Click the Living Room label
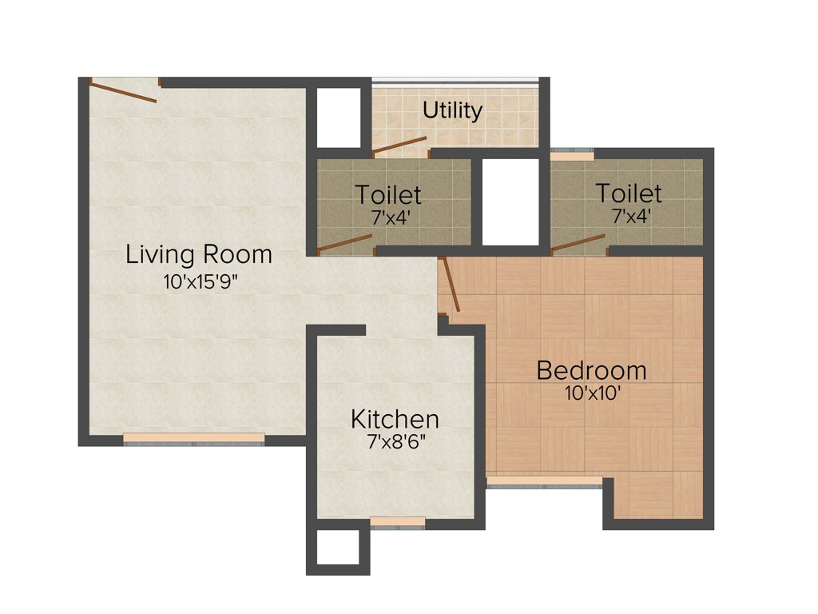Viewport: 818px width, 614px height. point(199,255)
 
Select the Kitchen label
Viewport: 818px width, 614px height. point(395,419)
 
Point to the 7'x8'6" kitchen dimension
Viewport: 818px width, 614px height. point(395,443)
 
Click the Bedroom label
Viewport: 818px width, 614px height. point(591,371)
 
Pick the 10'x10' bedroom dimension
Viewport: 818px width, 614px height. point(591,393)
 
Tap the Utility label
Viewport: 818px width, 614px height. point(453,110)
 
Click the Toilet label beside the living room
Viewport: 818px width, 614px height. point(388,194)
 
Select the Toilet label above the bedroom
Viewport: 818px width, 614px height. point(629,193)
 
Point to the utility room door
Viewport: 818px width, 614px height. point(399,146)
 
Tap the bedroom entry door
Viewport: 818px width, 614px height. point(450,285)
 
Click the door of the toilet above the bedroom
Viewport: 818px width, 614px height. point(578,243)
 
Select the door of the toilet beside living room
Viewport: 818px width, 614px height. point(345,244)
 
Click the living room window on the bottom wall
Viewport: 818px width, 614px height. point(194,438)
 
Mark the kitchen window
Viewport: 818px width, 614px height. point(398,522)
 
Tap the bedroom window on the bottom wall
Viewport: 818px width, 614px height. point(544,481)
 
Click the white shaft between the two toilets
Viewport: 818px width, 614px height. point(511,201)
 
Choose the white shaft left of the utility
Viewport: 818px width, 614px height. point(339,117)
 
